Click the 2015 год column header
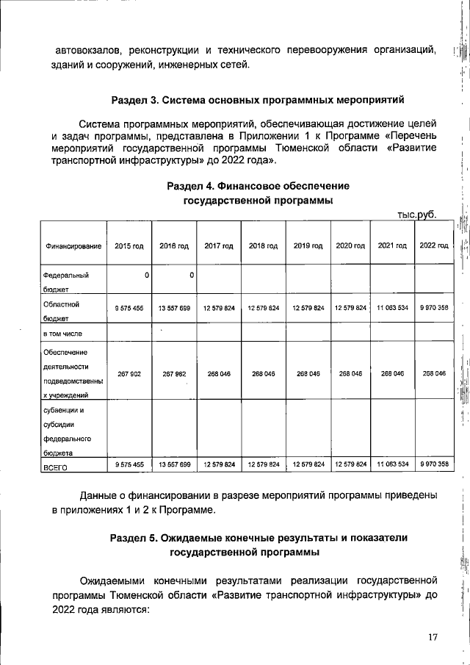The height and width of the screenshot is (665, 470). point(129,245)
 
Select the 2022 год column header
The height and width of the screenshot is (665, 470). point(433,245)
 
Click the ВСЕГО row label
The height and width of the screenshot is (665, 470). point(56,466)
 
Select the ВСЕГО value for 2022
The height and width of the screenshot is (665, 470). point(433,464)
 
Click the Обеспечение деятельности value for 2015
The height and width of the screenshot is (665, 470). point(129,373)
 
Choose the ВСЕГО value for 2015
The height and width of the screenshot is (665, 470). point(129,464)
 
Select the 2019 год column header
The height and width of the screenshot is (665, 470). point(308,245)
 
